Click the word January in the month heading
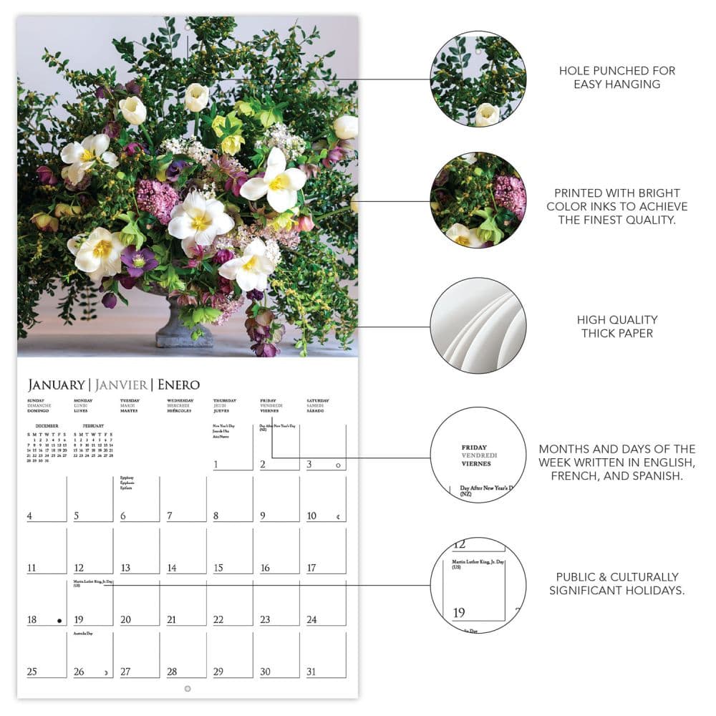pos(56,384)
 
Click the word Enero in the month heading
pos(178,384)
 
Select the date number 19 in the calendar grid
pos(79,620)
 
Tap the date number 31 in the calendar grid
pos(311,672)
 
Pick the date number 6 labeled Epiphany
pos(124,516)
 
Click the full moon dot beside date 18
pos(59,621)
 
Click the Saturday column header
pos(318,406)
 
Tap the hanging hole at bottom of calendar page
pos(188,689)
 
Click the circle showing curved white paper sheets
pos(478,326)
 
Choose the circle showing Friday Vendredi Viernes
pos(478,455)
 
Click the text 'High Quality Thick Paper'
pos(617,326)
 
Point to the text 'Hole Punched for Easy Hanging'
pos(616,77)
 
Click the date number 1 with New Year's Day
pos(216,465)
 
